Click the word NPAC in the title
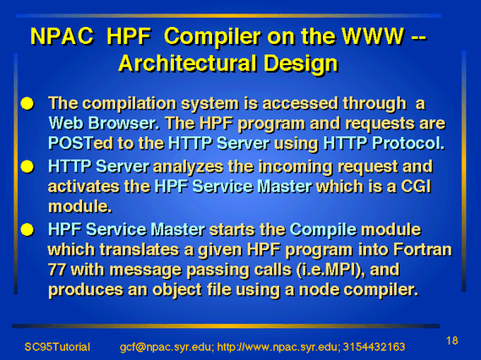click(62, 36)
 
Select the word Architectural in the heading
click(187, 63)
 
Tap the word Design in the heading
click(300, 64)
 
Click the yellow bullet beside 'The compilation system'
click(27, 104)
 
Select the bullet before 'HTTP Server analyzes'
click(27, 166)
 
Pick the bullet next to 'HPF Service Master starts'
click(27, 230)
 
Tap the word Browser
click(123, 123)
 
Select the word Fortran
click(423, 249)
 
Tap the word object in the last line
click(177, 290)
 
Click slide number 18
click(452, 341)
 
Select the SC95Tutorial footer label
click(57, 346)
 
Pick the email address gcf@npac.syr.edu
click(166, 347)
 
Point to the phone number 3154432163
click(374, 346)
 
